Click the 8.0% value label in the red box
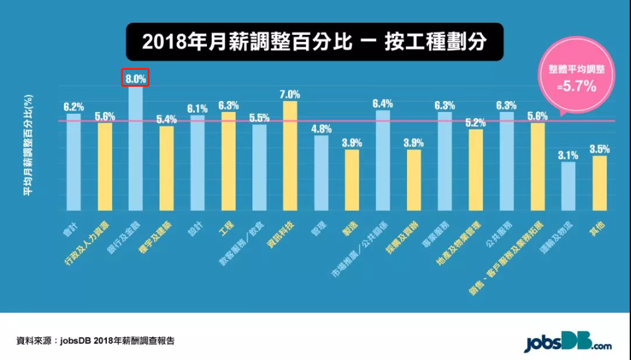[136, 78]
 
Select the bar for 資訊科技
[290, 155]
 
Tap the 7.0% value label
[290, 94]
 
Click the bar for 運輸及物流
[568, 186]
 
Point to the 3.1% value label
[568, 155]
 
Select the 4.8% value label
[321, 128]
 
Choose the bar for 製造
[351, 180]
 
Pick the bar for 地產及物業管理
[476, 170]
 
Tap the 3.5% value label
[599, 149]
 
